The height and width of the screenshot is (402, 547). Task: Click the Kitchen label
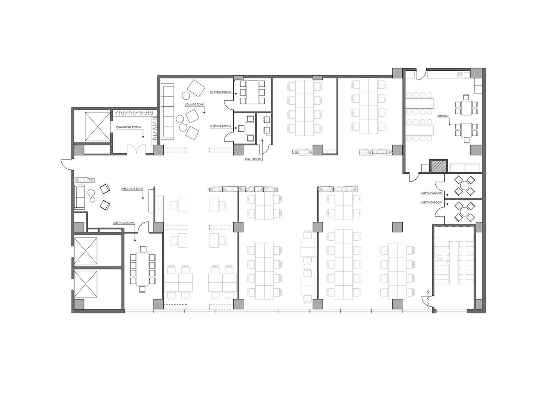tap(443, 116)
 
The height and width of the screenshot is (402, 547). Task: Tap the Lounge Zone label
tap(194, 105)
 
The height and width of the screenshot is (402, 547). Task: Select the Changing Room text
tap(128, 127)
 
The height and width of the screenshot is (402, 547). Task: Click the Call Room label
tap(253, 159)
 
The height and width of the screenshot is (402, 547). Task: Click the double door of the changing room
tap(136, 149)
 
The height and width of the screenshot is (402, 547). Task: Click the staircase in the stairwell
tap(454, 262)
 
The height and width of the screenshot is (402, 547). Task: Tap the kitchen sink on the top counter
tap(463, 74)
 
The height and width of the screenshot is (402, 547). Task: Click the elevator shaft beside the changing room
tap(97, 127)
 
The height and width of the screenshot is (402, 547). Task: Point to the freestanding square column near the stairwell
tap(397, 227)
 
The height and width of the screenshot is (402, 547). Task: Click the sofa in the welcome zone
tap(79, 197)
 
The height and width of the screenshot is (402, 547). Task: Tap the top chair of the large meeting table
tap(143, 249)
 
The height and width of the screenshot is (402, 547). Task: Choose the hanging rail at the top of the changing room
tap(134, 113)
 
